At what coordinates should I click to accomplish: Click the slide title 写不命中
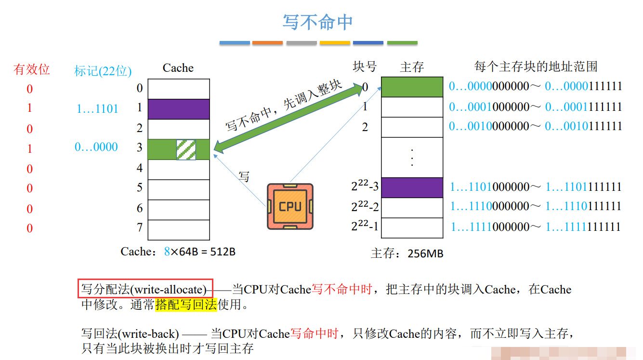(x=317, y=22)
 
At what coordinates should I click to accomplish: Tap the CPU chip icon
(x=290, y=206)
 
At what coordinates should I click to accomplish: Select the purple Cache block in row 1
(x=179, y=109)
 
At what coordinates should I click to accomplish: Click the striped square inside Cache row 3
(x=186, y=149)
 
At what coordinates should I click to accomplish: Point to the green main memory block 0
(x=412, y=87)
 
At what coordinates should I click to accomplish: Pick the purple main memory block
(x=412, y=187)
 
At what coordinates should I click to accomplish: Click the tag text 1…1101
(x=97, y=109)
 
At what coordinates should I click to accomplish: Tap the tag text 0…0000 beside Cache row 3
(x=96, y=147)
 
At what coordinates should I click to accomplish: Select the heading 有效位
(x=32, y=69)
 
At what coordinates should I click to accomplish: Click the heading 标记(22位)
(x=103, y=71)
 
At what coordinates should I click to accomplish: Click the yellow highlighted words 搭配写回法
(x=186, y=305)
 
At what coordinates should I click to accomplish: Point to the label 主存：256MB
(x=407, y=253)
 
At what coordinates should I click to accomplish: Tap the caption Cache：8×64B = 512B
(x=178, y=252)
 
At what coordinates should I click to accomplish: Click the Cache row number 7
(x=140, y=227)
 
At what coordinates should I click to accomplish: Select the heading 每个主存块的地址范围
(x=536, y=67)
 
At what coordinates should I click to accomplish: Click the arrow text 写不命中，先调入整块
(x=284, y=107)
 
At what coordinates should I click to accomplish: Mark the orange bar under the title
(x=267, y=43)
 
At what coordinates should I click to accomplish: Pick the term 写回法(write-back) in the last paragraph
(x=130, y=333)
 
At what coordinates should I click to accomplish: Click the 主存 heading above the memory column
(x=412, y=67)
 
